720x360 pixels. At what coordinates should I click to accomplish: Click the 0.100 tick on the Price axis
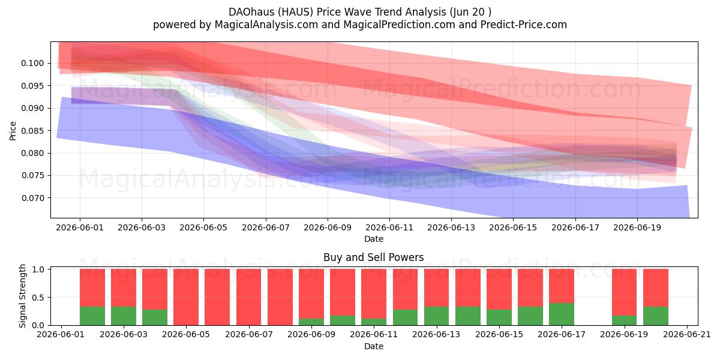click(32, 64)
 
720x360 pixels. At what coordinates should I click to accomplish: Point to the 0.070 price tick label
click(32, 198)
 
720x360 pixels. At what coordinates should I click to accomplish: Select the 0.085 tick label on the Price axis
click(32, 131)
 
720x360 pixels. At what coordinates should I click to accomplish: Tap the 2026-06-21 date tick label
click(687, 335)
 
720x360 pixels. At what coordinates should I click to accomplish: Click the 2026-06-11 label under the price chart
click(389, 227)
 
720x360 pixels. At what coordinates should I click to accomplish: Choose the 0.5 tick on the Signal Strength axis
click(38, 298)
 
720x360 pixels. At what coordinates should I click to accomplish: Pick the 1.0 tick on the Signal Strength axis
click(38, 269)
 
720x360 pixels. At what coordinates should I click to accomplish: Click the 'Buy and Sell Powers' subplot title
click(373, 257)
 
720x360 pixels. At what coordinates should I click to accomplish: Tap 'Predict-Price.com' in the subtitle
click(524, 25)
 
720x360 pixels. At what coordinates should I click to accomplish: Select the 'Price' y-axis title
click(13, 131)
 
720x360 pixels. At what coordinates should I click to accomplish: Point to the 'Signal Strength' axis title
click(22, 296)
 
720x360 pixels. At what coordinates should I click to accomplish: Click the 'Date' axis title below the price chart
click(373, 239)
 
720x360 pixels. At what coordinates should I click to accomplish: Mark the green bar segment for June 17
click(561, 314)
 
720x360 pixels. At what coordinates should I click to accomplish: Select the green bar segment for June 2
click(92, 316)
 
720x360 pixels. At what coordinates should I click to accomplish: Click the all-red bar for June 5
click(186, 297)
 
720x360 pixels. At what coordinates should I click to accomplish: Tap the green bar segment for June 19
click(624, 320)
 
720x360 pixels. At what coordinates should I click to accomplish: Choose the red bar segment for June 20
click(655, 287)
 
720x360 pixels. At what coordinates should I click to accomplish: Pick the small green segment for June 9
click(311, 322)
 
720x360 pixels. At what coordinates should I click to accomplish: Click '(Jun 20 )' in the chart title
click(470, 12)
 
